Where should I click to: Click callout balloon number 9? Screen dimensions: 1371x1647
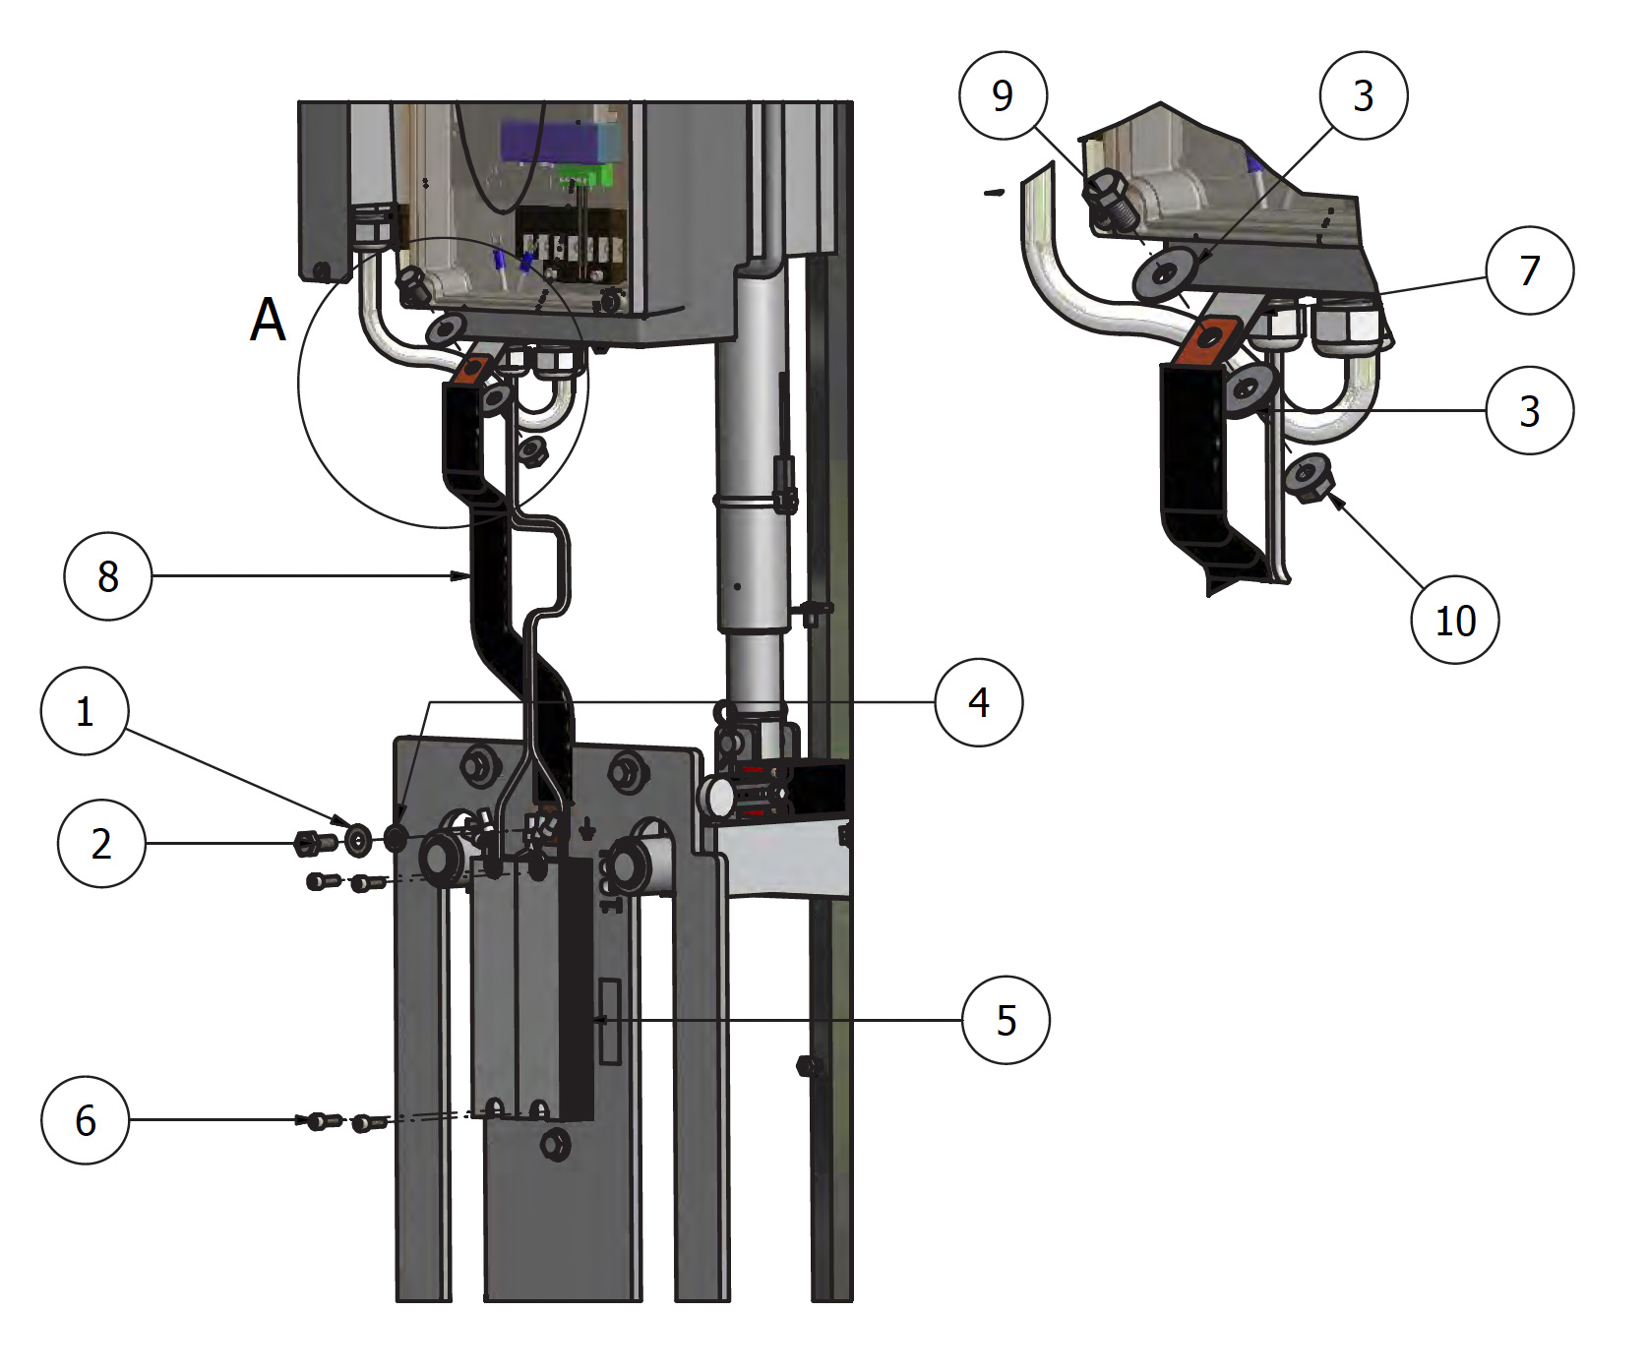[1003, 95]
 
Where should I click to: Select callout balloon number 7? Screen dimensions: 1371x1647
[1529, 270]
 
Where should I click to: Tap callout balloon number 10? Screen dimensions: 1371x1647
[1455, 621]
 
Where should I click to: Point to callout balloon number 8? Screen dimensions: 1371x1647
[107, 576]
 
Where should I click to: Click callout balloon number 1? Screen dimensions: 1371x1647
[85, 711]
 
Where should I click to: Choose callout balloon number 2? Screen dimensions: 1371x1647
[101, 844]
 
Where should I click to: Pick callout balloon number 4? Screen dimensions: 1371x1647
[979, 702]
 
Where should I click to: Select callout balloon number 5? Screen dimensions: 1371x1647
[1006, 1020]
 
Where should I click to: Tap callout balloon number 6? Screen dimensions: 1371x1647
[86, 1120]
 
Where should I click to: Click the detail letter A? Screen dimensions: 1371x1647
[268, 320]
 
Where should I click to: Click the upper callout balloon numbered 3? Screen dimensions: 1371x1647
[1363, 95]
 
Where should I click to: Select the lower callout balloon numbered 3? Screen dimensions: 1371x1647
[1529, 410]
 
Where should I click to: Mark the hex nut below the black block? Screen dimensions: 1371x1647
[556, 1144]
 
